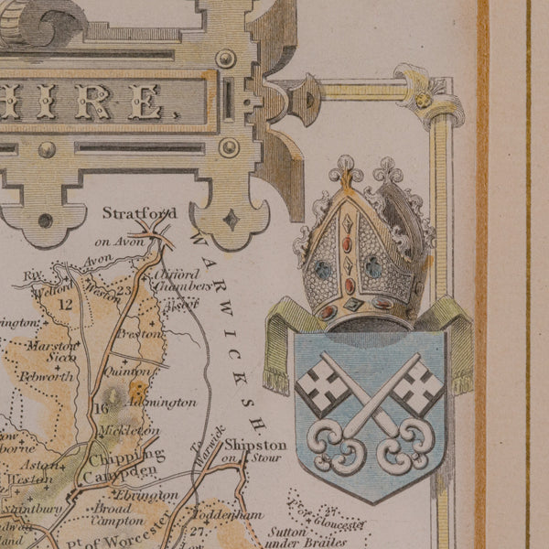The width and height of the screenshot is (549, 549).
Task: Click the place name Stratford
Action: [x=139, y=213]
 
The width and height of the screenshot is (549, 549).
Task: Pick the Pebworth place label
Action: [x=42, y=377]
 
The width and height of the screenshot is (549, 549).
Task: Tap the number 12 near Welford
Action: [x=64, y=304]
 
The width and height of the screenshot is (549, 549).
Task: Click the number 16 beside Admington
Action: [x=101, y=408]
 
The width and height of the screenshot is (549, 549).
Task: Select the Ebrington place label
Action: [x=147, y=495]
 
